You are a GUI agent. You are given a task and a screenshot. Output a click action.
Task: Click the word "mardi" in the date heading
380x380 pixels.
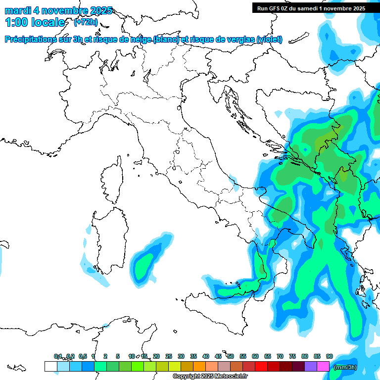pos(17,10)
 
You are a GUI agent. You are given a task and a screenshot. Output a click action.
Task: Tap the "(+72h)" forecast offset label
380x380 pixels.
pos(86,22)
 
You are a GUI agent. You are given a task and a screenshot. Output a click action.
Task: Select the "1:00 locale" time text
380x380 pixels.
pos(35,22)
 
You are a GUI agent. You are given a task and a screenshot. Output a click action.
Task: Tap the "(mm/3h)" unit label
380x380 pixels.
pos(345,367)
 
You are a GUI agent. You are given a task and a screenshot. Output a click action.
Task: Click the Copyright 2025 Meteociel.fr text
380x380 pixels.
pos(210,377)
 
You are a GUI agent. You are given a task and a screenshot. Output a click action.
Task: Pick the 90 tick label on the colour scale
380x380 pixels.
pos(330,356)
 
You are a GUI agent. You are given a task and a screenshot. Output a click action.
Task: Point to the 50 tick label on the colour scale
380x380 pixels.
pos(231,356)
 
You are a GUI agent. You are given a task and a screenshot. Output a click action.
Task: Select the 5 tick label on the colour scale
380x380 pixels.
pos(118,356)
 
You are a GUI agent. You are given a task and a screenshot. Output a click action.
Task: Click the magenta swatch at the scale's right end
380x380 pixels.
pos(323,366)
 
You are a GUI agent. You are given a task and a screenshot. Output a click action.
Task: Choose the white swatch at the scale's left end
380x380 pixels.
pos(50,366)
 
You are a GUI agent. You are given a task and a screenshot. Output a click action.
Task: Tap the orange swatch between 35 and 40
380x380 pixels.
pos(199,366)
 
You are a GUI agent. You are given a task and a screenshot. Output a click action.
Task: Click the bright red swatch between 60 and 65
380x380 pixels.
pos(261,366)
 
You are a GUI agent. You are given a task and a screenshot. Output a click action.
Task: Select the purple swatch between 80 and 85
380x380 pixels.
pos(311,366)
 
